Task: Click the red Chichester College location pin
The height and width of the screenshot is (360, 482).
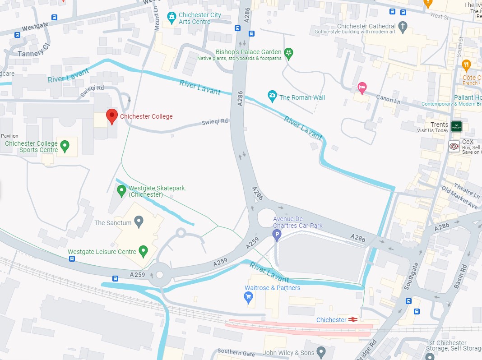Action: tap(111, 116)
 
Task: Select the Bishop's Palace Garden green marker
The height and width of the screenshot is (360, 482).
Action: tap(289, 54)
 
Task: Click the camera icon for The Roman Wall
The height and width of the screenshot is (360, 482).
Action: tap(272, 96)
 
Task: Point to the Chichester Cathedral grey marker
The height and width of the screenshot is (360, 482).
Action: tap(403, 27)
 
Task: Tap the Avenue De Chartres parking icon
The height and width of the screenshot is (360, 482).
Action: tap(277, 234)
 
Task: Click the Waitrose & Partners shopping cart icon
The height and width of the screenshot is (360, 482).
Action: tap(248, 296)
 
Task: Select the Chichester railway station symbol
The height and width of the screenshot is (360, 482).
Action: tap(353, 320)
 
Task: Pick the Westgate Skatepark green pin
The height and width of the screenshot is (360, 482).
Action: tap(121, 191)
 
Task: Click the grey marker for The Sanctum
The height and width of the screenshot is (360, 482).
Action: tap(139, 222)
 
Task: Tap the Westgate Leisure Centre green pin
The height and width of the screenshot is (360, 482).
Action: tap(144, 251)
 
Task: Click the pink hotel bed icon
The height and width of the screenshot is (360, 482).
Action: tap(362, 87)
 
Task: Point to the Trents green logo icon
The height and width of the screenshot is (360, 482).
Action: tap(456, 126)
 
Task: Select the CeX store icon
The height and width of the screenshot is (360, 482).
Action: tap(454, 146)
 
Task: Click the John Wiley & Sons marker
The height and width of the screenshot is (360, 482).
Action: tap(321, 351)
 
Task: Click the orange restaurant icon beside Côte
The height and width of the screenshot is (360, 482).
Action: tap(466, 66)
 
